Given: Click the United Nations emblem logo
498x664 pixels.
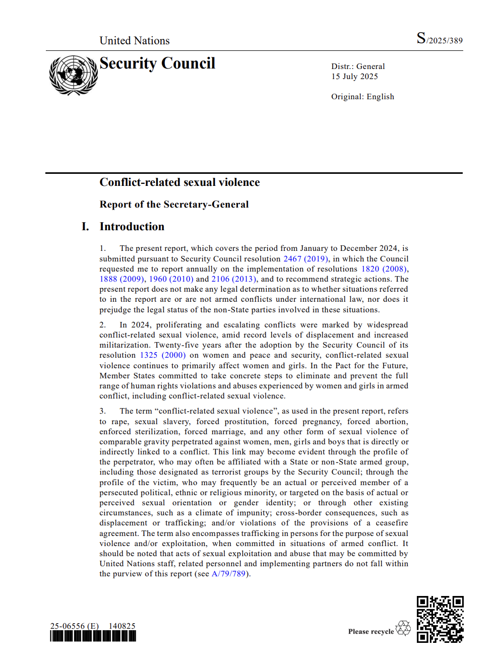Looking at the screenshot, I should click(74, 75).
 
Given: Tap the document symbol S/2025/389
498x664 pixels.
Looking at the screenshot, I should click(439, 39).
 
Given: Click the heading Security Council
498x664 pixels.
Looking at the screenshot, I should click(157, 63).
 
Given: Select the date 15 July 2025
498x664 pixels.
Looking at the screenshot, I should click(354, 77).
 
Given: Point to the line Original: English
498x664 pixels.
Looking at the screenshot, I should click(362, 97).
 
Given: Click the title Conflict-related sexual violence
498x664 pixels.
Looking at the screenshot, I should click(179, 182).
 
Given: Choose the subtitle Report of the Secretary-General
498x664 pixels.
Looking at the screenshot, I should click(174, 205).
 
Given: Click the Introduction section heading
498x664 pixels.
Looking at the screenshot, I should click(132, 227).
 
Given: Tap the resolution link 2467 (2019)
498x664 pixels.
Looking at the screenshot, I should click(305, 259).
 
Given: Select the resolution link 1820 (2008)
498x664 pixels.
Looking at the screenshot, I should click(384, 269).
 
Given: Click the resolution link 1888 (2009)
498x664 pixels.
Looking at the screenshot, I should click(121, 279).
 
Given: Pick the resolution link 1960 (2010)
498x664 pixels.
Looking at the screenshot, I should click(171, 279).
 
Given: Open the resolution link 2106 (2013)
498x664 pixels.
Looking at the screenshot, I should click(233, 279).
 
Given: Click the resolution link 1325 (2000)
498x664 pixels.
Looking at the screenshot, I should click(162, 355).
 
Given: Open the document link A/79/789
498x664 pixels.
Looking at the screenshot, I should click(229, 574).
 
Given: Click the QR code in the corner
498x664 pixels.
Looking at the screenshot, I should click(440, 619).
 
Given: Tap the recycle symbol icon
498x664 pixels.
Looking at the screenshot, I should click(403, 628).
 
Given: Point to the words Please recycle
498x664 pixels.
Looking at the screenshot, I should click(371, 632).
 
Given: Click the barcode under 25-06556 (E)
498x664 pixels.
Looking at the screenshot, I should click(93, 636).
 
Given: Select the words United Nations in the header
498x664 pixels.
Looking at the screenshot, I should click(135, 41).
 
